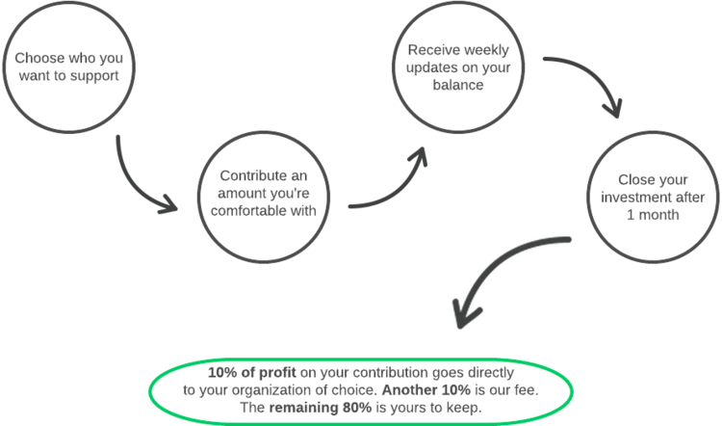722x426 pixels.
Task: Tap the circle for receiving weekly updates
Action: (458, 67)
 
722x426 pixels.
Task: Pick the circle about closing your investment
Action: (652, 198)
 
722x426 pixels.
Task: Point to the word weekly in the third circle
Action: (484, 50)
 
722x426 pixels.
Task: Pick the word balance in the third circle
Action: (458, 85)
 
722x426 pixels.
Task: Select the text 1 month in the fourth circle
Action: (652, 215)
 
